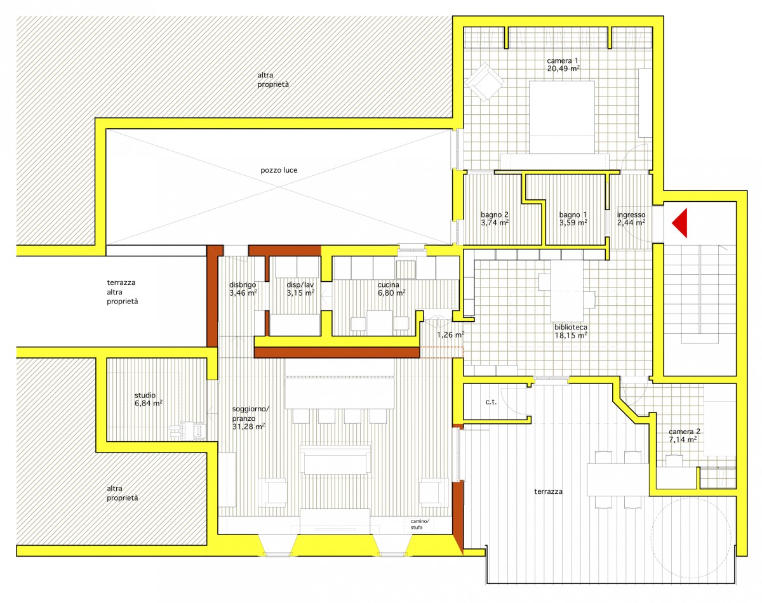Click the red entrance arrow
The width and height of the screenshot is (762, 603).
pyautogui.click(x=681, y=223)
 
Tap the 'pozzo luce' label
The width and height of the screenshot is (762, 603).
pyautogui.click(x=279, y=170)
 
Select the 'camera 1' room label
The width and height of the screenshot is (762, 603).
pyautogui.click(x=563, y=60)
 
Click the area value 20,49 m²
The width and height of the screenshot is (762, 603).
pyautogui.click(x=563, y=69)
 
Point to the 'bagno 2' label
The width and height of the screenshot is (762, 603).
pyautogui.click(x=495, y=215)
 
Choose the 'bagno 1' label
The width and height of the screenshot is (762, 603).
pyautogui.click(x=573, y=215)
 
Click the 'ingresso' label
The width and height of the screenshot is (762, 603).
pyautogui.click(x=631, y=215)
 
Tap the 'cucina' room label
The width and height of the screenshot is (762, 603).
pyautogui.click(x=389, y=285)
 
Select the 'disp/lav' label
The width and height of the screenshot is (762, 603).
pyautogui.click(x=300, y=285)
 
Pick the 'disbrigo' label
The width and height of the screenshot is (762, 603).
pyautogui.click(x=243, y=285)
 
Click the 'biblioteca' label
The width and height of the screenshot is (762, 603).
pyautogui.click(x=571, y=327)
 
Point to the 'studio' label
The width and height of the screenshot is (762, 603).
pyautogui.click(x=145, y=395)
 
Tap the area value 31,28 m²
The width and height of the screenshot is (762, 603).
pyautogui.click(x=248, y=427)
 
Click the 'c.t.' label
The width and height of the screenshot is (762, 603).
pyautogui.click(x=491, y=402)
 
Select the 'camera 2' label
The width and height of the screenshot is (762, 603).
pyautogui.click(x=684, y=432)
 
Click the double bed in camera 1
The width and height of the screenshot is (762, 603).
pyautogui.click(x=561, y=117)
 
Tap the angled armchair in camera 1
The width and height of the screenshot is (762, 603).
pyautogui.click(x=484, y=82)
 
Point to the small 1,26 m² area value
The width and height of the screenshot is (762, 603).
pyautogui.click(x=450, y=335)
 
